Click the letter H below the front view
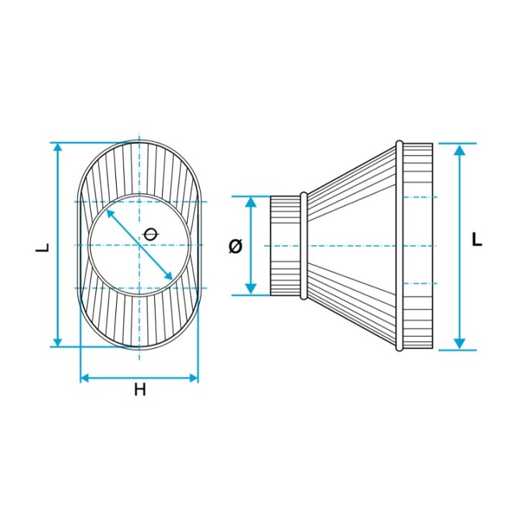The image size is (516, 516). (x=140, y=390)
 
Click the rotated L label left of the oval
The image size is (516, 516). (x=42, y=247)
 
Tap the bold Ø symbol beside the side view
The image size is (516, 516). (x=235, y=246)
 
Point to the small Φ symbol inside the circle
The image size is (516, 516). (x=150, y=234)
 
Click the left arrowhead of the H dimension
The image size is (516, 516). (x=85, y=378)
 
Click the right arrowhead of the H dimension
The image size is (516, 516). (x=193, y=378)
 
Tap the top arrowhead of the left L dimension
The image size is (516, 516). (x=58, y=148)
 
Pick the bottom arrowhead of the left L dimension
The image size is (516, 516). (x=58, y=342)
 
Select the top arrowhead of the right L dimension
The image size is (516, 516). (x=459, y=150)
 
